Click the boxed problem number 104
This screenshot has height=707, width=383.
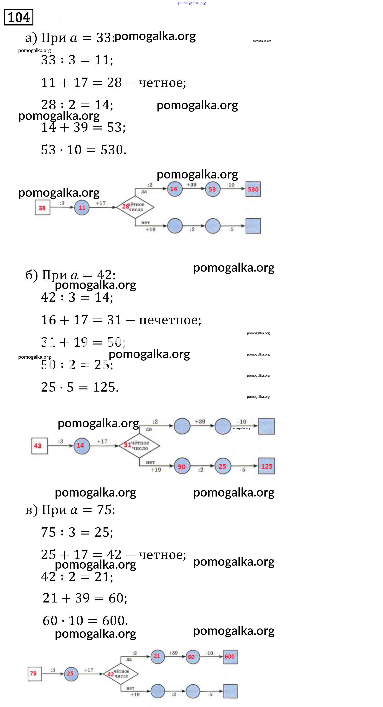click(x=19, y=17)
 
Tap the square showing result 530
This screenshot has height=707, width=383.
click(x=253, y=189)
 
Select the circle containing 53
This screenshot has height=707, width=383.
click(x=212, y=189)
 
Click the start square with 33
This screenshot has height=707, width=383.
click(x=42, y=208)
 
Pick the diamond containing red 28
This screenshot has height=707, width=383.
click(x=135, y=207)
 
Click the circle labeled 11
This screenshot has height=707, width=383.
click(x=82, y=208)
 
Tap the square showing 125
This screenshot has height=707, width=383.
click(x=266, y=466)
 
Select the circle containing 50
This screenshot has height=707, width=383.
click(x=182, y=466)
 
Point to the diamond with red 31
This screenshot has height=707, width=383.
click(x=139, y=445)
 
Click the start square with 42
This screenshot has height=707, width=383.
click(x=39, y=446)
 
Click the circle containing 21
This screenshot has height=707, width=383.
click(x=157, y=656)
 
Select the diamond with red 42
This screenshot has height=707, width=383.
click(x=121, y=674)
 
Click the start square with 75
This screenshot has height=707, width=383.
click(x=35, y=674)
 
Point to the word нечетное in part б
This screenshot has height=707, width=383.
click(x=169, y=320)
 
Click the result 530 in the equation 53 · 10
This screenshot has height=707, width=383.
click(x=113, y=150)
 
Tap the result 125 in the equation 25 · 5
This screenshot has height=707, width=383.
click(x=105, y=387)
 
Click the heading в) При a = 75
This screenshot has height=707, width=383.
click(x=70, y=510)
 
